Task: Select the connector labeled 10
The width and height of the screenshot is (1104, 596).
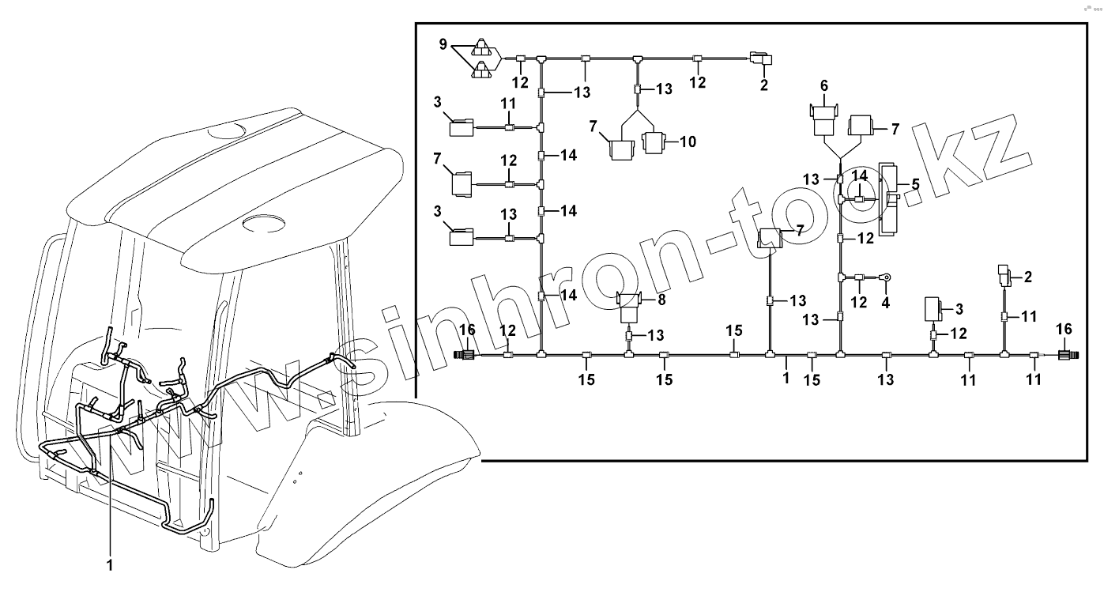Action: (654, 143)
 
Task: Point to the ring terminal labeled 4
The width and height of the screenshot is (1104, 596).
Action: (887, 277)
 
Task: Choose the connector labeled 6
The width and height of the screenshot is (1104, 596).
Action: (823, 119)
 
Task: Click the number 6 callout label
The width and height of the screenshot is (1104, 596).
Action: (823, 85)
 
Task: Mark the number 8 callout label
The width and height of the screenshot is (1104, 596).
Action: (661, 300)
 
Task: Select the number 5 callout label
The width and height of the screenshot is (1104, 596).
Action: (916, 184)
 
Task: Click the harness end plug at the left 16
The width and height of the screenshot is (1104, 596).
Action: (465, 356)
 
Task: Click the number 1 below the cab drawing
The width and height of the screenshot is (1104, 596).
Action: (110, 564)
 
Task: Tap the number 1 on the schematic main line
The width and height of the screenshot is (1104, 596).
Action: (786, 379)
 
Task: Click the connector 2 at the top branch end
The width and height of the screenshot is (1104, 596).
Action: (762, 58)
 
